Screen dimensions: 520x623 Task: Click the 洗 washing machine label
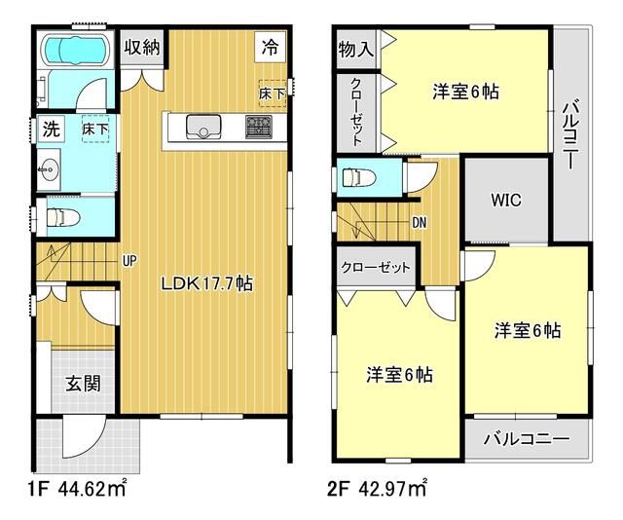click(50, 128)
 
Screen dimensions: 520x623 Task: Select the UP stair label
click(128, 260)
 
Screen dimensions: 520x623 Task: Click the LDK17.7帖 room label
click(207, 285)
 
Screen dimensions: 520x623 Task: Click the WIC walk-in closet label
click(505, 201)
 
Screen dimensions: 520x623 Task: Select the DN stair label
click(420, 222)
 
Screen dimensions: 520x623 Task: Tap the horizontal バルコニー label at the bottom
click(526, 439)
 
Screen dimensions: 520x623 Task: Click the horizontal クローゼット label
click(376, 267)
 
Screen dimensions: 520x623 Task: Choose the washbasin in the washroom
click(50, 171)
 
